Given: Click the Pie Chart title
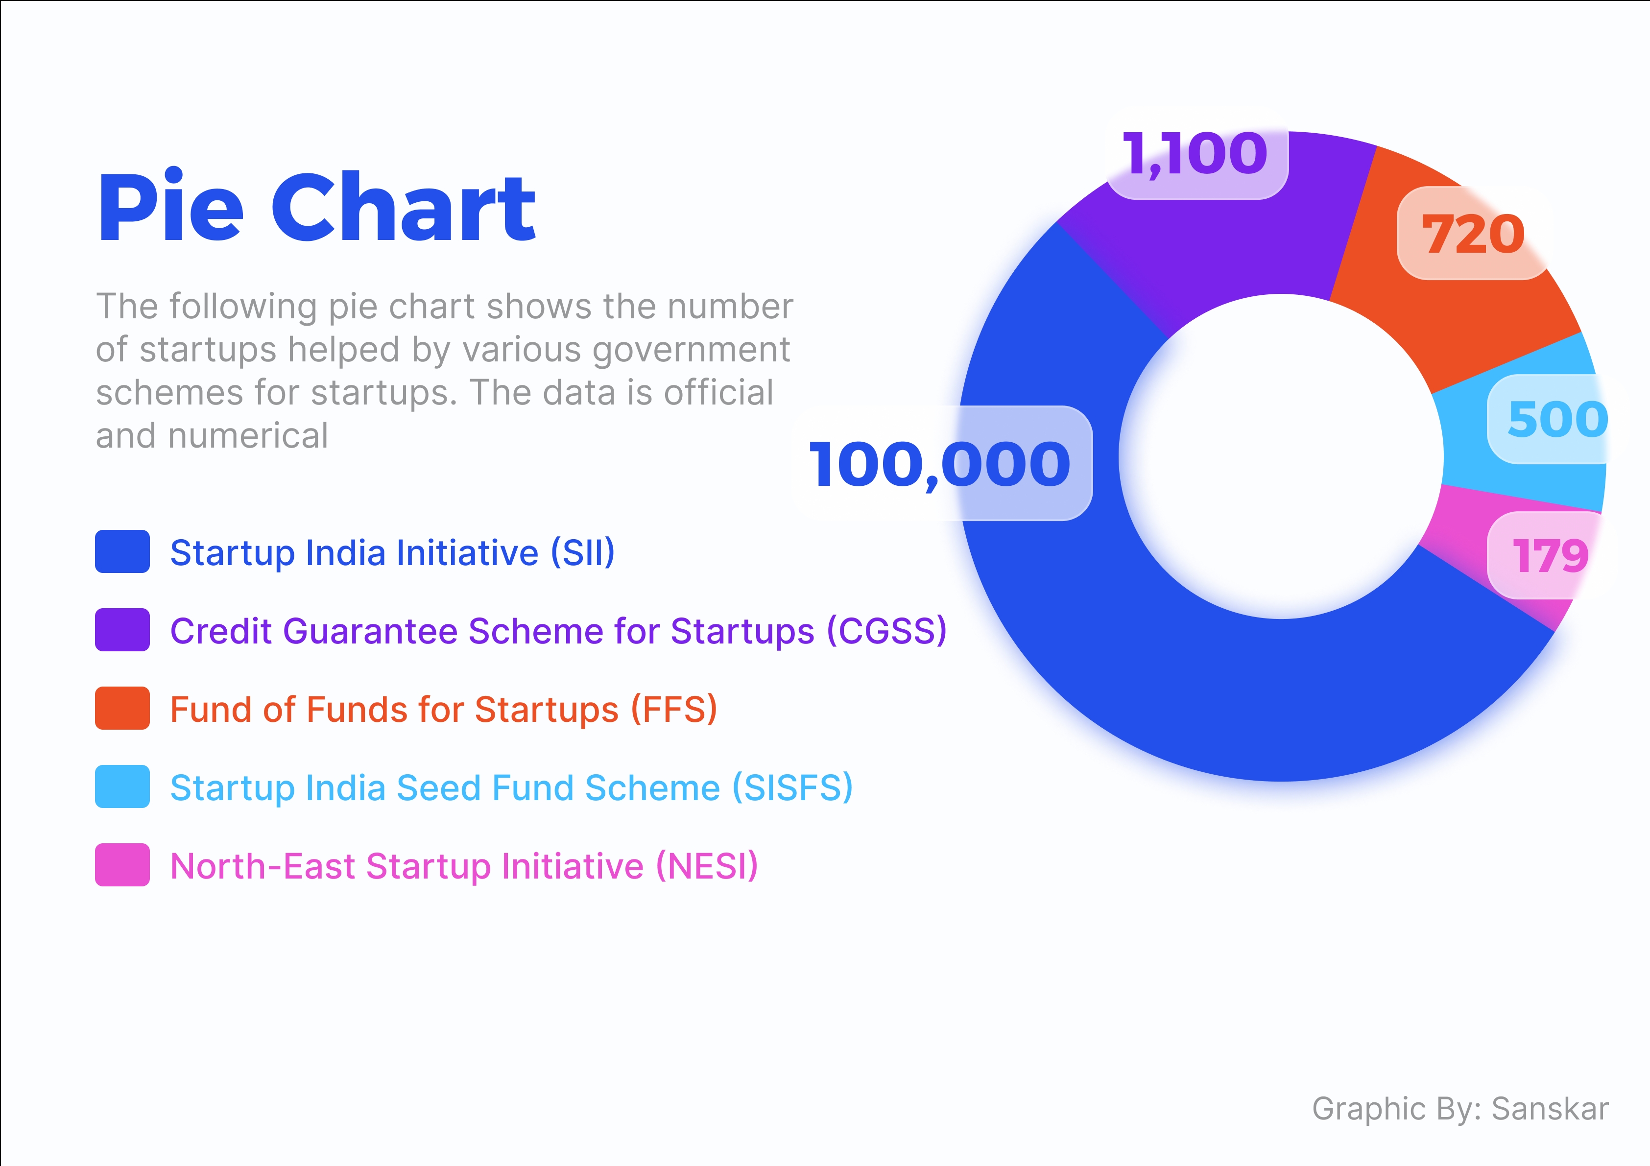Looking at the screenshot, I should [316, 208].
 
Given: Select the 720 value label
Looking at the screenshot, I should [1473, 234].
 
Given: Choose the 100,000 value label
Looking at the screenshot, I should [940, 464].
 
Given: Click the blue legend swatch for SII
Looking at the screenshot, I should [122, 552].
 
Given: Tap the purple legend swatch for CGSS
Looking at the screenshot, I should [122, 630].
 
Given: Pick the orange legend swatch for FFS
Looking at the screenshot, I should [122, 708].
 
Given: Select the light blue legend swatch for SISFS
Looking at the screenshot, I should [122, 786].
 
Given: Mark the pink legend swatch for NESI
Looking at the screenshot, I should [122, 865].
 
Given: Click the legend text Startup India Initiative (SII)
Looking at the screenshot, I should [392, 553].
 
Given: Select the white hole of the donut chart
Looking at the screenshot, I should [1281, 457].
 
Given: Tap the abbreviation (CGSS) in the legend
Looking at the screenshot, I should [886, 632].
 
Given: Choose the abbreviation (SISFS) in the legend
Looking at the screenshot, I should [792, 788].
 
